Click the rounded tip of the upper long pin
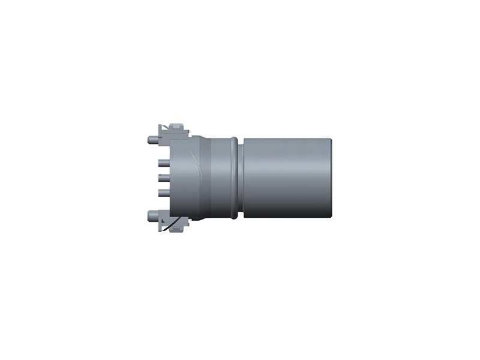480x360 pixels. pos(150,140)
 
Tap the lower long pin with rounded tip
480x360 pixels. pos(150,214)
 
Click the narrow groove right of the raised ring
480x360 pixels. pos(241,177)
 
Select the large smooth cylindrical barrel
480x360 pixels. pos(287,177)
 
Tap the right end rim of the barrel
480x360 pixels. pos(330,177)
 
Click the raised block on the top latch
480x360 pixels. pos(176,127)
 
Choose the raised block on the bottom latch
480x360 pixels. pos(176,227)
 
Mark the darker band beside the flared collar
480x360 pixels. pos(203,177)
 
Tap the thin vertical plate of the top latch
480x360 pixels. pos(160,131)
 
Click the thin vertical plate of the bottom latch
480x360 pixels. pos(160,223)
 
